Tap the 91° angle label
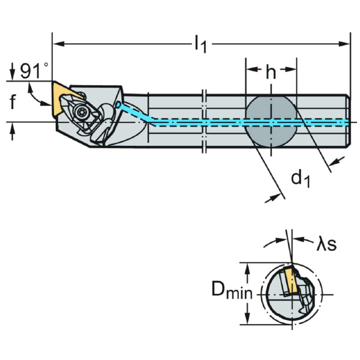coord(33,71)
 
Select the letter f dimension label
coord(13,103)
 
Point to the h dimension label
coord(271,73)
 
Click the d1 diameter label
coord(300,178)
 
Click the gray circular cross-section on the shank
coord(271,122)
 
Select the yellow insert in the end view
coord(291,281)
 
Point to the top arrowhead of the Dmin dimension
coord(247,265)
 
